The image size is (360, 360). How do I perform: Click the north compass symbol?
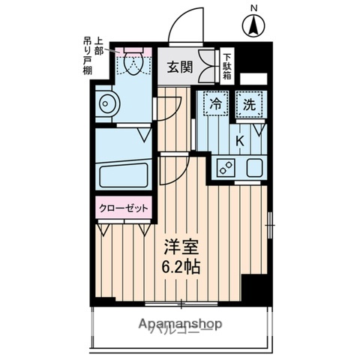coord(254,25)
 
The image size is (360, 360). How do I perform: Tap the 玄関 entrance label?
coord(179,67)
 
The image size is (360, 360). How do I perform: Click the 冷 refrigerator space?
coord(216,106)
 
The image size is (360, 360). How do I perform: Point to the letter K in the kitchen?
coord(241,140)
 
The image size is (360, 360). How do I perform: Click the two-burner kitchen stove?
coord(225,168)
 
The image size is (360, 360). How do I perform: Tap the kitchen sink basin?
coord(252,168)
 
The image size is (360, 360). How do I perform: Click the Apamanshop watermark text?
coord(180,324)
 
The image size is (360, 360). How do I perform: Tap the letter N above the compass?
coord(254,8)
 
